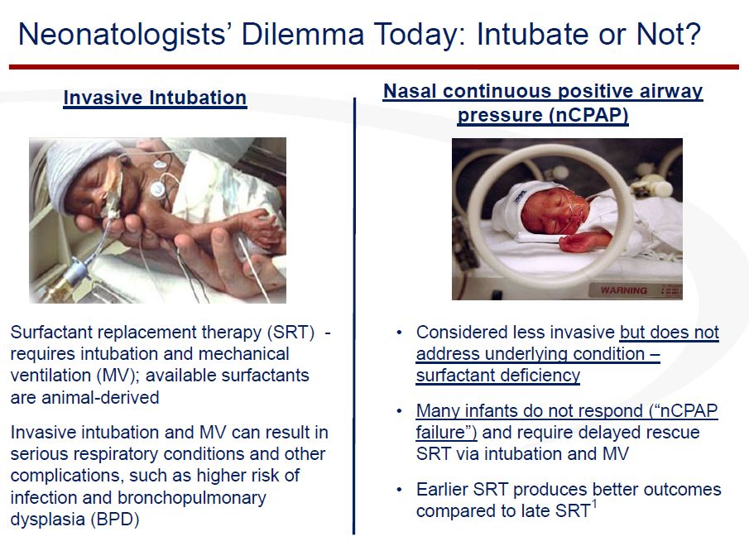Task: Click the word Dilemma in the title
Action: pyautogui.click(x=302, y=35)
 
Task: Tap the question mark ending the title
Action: pyautogui.click(x=692, y=34)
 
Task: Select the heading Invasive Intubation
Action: pyautogui.click(x=155, y=98)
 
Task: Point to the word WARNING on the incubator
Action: pyautogui.click(x=624, y=290)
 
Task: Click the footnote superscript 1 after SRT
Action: pyautogui.click(x=594, y=504)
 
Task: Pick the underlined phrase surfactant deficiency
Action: pyautogui.click(x=497, y=376)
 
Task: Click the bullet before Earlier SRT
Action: pyautogui.click(x=400, y=490)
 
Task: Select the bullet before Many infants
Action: pyautogui.click(x=400, y=411)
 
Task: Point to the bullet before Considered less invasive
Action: pyautogui.click(x=400, y=333)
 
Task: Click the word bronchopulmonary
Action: pyautogui.click(x=191, y=497)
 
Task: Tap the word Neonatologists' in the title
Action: pyautogui.click(x=122, y=35)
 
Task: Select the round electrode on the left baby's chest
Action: pyautogui.click(x=157, y=189)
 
